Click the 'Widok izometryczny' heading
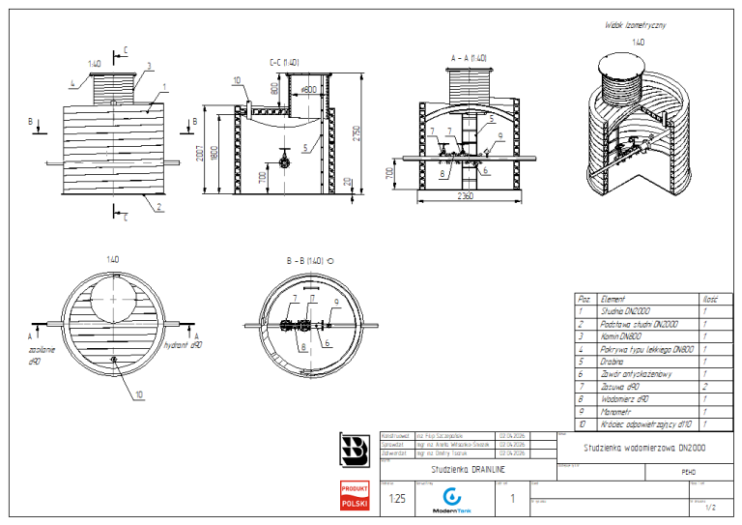click(x=636, y=25)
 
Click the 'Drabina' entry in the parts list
click(x=614, y=362)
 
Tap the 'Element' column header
click(x=613, y=300)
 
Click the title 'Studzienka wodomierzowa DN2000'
click(x=632, y=448)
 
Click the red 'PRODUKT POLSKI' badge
click(x=355, y=497)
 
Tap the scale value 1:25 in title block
click(x=396, y=499)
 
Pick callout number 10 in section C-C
click(x=237, y=80)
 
